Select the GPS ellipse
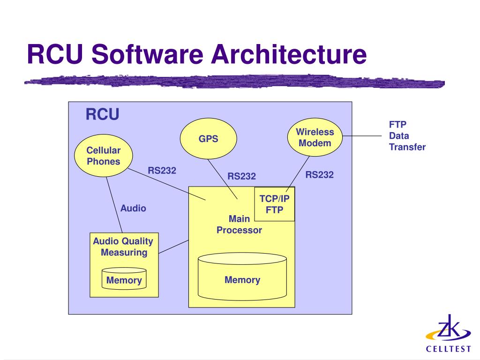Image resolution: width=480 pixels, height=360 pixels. click(x=209, y=139)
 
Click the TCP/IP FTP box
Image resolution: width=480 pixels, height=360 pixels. click(x=274, y=204)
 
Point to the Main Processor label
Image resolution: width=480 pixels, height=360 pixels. click(x=239, y=225)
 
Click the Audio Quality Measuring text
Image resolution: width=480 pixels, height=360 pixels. click(x=123, y=247)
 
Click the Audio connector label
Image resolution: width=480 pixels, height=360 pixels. click(x=133, y=208)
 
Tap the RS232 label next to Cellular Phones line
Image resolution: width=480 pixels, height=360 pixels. click(x=162, y=171)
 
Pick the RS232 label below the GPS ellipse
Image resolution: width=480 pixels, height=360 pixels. click(x=242, y=176)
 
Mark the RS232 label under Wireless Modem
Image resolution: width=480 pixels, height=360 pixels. click(x=320, y=175)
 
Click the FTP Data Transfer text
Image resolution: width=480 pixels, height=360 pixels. click(x=407, y=136)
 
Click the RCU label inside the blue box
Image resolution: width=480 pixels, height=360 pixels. click(x=102, y=114)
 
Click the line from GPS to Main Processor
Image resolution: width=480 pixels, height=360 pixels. click(x=223, y=179)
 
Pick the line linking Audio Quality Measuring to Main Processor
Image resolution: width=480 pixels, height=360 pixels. click(x=173, y=247)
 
